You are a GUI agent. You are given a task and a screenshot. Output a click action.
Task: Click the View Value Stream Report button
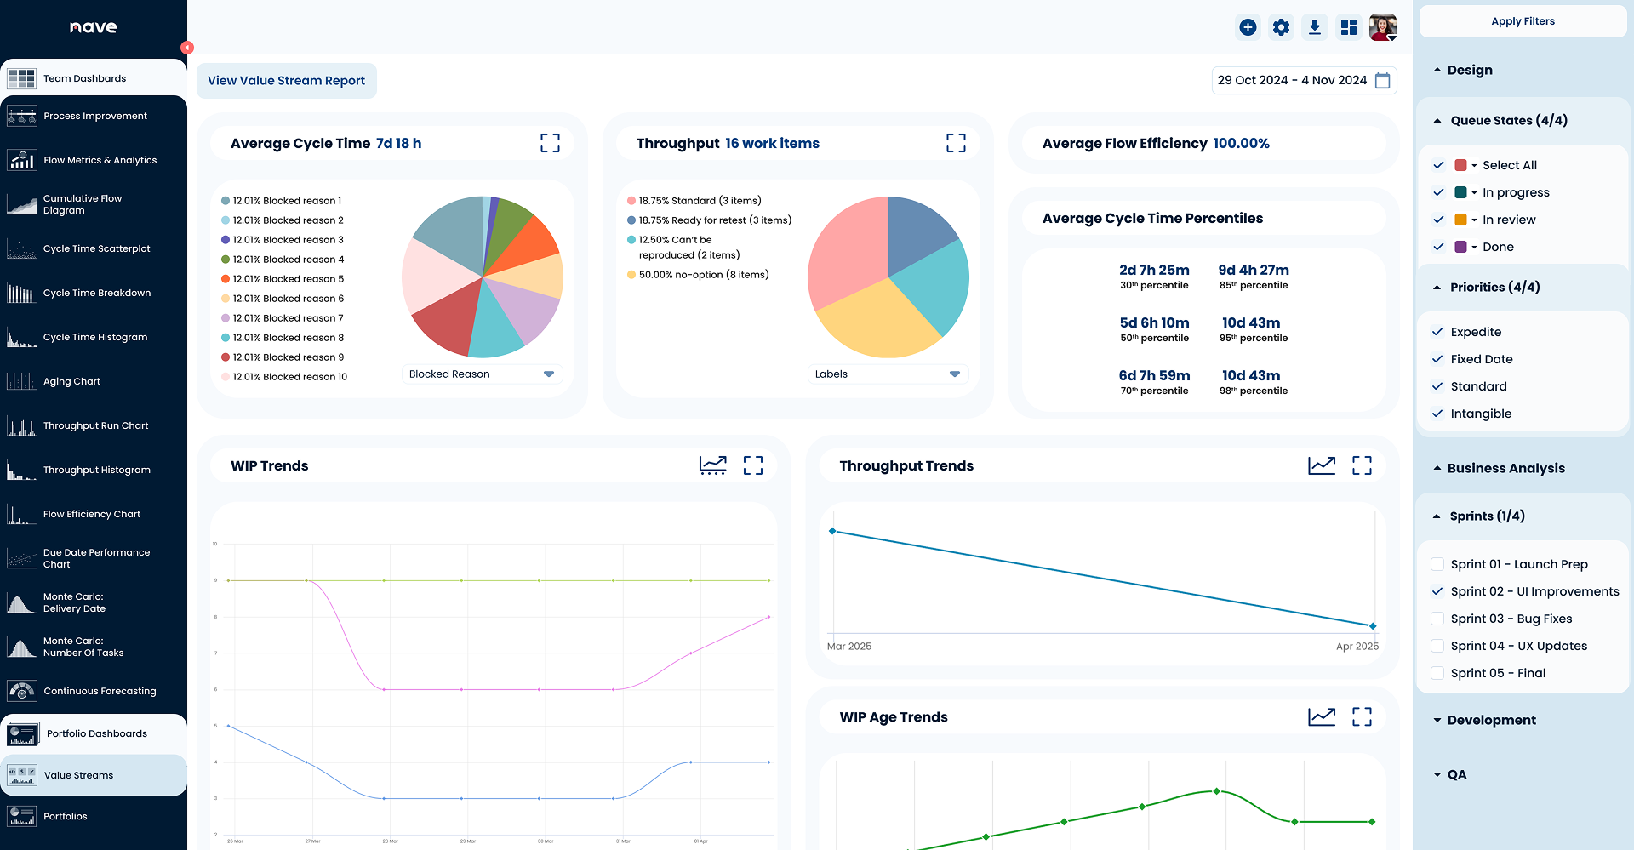tap(286, 81)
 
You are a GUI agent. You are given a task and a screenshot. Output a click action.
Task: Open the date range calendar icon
tap(1383, 80)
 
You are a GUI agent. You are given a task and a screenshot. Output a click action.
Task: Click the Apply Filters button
tap(1523, 21)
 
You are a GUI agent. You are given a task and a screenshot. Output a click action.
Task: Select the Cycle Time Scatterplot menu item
tap(96, 248)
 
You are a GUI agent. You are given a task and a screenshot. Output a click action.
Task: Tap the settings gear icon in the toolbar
tap(1281, 27)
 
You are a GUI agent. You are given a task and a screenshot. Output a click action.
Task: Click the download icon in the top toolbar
tap(1315, 27)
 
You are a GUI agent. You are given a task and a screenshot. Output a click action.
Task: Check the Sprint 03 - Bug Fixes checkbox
tap(1437, 619)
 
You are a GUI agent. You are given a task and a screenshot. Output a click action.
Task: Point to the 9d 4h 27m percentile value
tap(1253, 270)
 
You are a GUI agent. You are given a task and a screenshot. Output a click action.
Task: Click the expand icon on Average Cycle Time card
tap(550, 143)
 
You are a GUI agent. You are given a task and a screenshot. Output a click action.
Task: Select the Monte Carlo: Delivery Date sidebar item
tap(75, 602)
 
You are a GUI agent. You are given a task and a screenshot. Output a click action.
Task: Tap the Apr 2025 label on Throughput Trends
tap(1357, 647)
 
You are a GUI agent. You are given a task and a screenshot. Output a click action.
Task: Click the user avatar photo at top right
tap(1382, 27)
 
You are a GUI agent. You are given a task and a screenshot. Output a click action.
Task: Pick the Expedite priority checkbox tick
tap(1437, 332)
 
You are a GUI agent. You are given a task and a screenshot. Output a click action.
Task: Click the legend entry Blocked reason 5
tap(288, 279)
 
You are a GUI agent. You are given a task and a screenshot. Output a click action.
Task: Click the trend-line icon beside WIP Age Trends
tap(1322, 716)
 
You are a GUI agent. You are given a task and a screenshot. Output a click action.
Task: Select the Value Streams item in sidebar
tap(78, 775)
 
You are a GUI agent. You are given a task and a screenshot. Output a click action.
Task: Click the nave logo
tap(94, 27)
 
